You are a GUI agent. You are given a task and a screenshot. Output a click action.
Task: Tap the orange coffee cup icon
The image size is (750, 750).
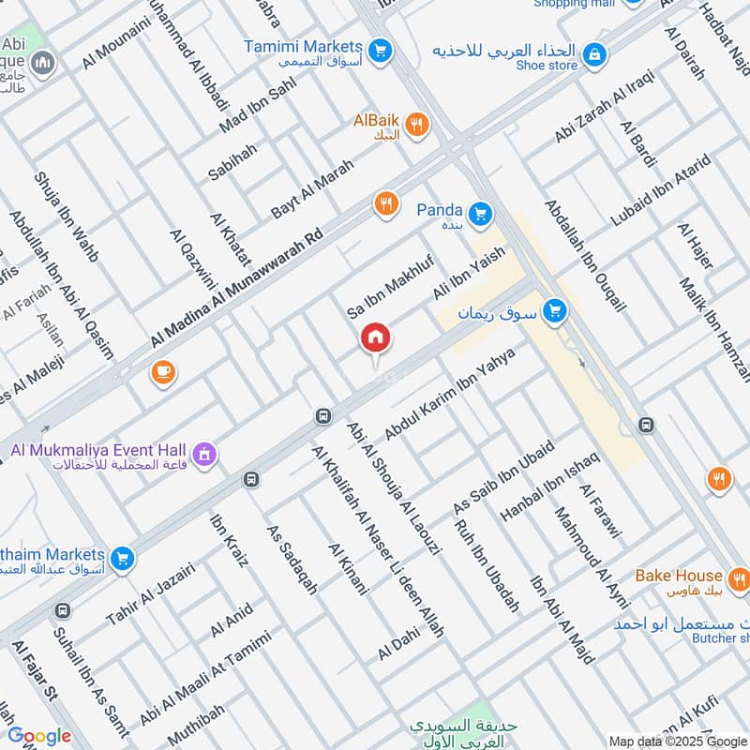click(162, 373)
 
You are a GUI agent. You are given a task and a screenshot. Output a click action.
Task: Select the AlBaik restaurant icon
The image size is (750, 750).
click(418, 124)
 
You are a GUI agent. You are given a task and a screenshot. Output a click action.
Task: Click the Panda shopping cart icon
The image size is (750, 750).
click(480, 215)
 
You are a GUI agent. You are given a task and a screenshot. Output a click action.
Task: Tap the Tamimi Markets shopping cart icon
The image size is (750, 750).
click(380, 48)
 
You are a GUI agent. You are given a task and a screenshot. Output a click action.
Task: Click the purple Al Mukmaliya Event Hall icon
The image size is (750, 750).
click(205, 456)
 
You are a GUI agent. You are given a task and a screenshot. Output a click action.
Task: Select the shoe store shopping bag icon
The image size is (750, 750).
click(593, 56)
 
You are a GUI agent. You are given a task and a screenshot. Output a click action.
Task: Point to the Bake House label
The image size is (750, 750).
click(679, 575)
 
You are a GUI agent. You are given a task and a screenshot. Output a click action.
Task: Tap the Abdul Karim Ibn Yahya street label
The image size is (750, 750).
click(451, 395)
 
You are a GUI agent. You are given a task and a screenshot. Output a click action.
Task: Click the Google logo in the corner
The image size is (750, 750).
click(39, 736)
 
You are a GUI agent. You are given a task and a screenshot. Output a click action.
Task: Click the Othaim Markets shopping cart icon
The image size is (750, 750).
click(121, 560)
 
